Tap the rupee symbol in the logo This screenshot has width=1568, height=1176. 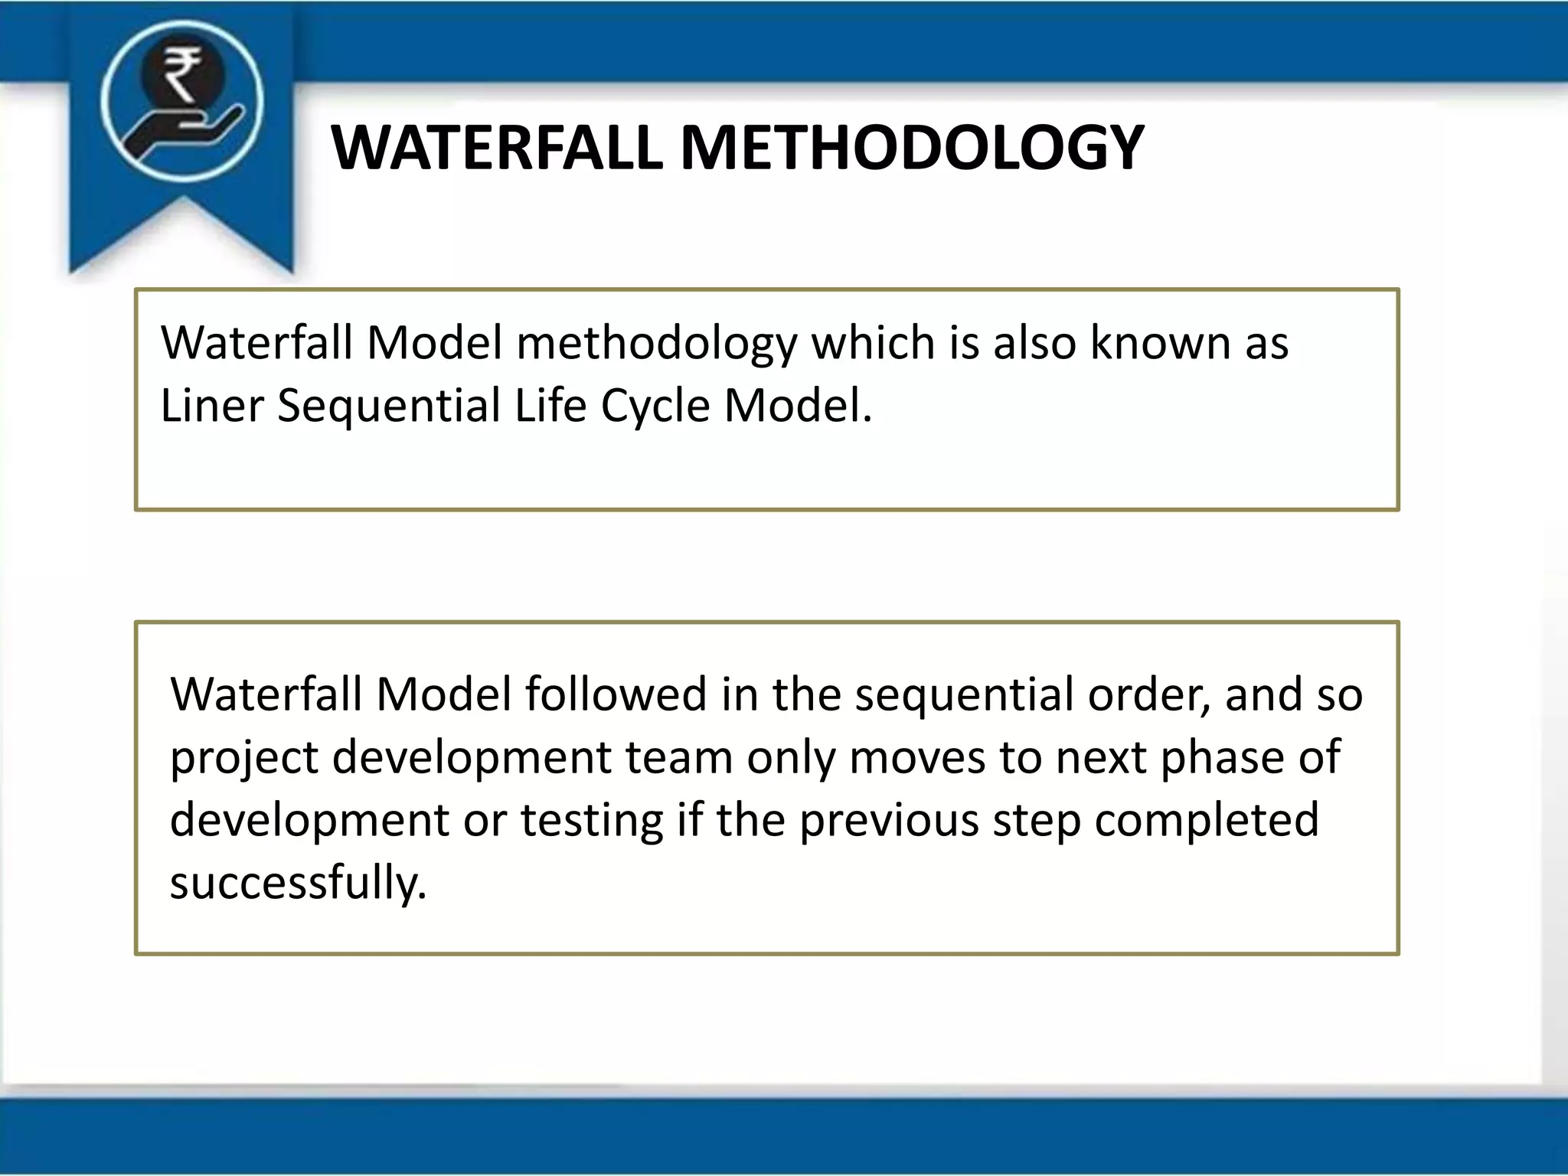[x=182, y=73]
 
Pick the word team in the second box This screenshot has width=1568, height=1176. [x=679, y=757]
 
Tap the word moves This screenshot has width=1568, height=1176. [x=917, y=757]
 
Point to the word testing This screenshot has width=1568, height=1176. [x=592, y=820]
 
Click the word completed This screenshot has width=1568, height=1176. [x=1207, y=820]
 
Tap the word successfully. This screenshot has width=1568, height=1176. [x=297, y=883]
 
